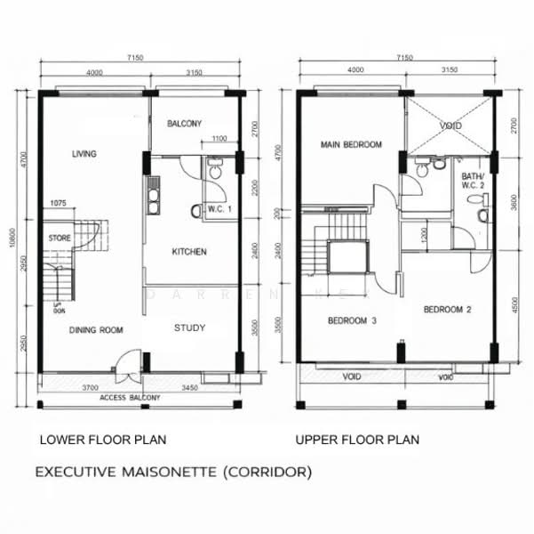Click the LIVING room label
pos(84,155)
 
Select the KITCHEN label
pos(189,252)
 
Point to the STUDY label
pos(189,328)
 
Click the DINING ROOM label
pos(96,330)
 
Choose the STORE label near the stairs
pos(60,239)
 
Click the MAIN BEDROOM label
pos(351,144)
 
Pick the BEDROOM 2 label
pos(446,310)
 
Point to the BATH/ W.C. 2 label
pos(473,182)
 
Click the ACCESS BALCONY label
pos(130,397)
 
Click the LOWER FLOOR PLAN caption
pos(102,440)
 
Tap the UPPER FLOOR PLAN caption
pos(357,440)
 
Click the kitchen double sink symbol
pos(154,197)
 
